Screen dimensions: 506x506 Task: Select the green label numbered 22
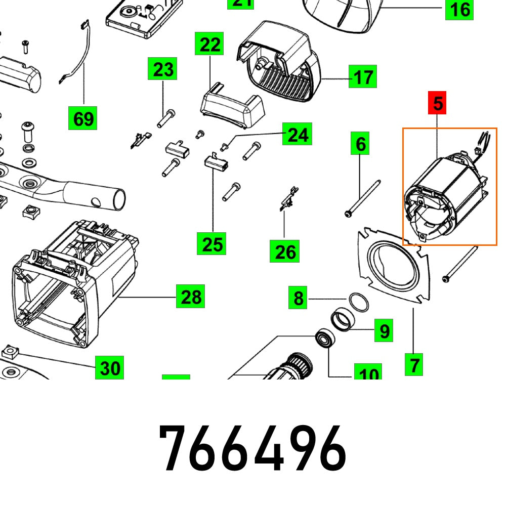coord(210,45)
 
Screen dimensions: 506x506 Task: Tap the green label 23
coord(163,69)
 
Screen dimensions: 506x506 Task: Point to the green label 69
coord(83,119)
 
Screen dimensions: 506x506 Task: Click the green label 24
coord(297,134)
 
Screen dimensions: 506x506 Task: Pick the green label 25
coord(212,244)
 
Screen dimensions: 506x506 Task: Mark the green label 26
coord(284,251)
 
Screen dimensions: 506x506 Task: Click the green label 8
coord(299,298)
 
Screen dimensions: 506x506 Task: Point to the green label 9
coord(384,331)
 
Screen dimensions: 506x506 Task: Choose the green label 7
coord(414,364)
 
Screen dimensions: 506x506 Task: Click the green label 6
coord(360,144)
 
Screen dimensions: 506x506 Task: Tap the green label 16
coord(459,9)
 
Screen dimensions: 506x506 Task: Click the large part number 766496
coord(252,448)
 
